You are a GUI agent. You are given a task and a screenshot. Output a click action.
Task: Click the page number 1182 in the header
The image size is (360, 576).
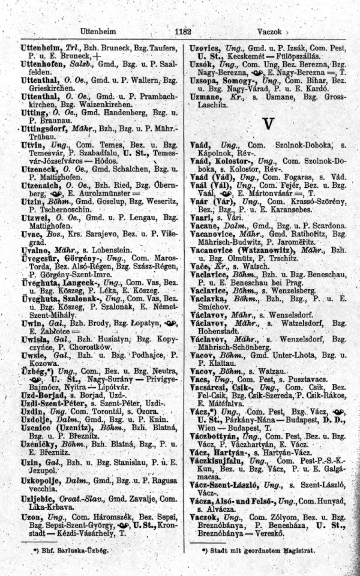180,31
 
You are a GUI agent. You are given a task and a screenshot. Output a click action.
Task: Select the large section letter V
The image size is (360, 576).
268,123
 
